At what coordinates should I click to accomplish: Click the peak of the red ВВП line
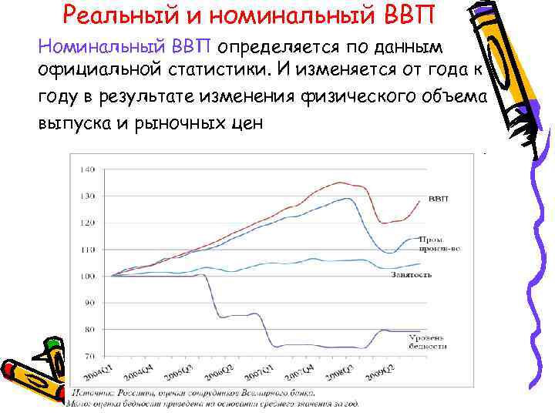pyautogui.click(x=340, y=183)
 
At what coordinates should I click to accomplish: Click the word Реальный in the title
pyautogui.click(x=120, y=13)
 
